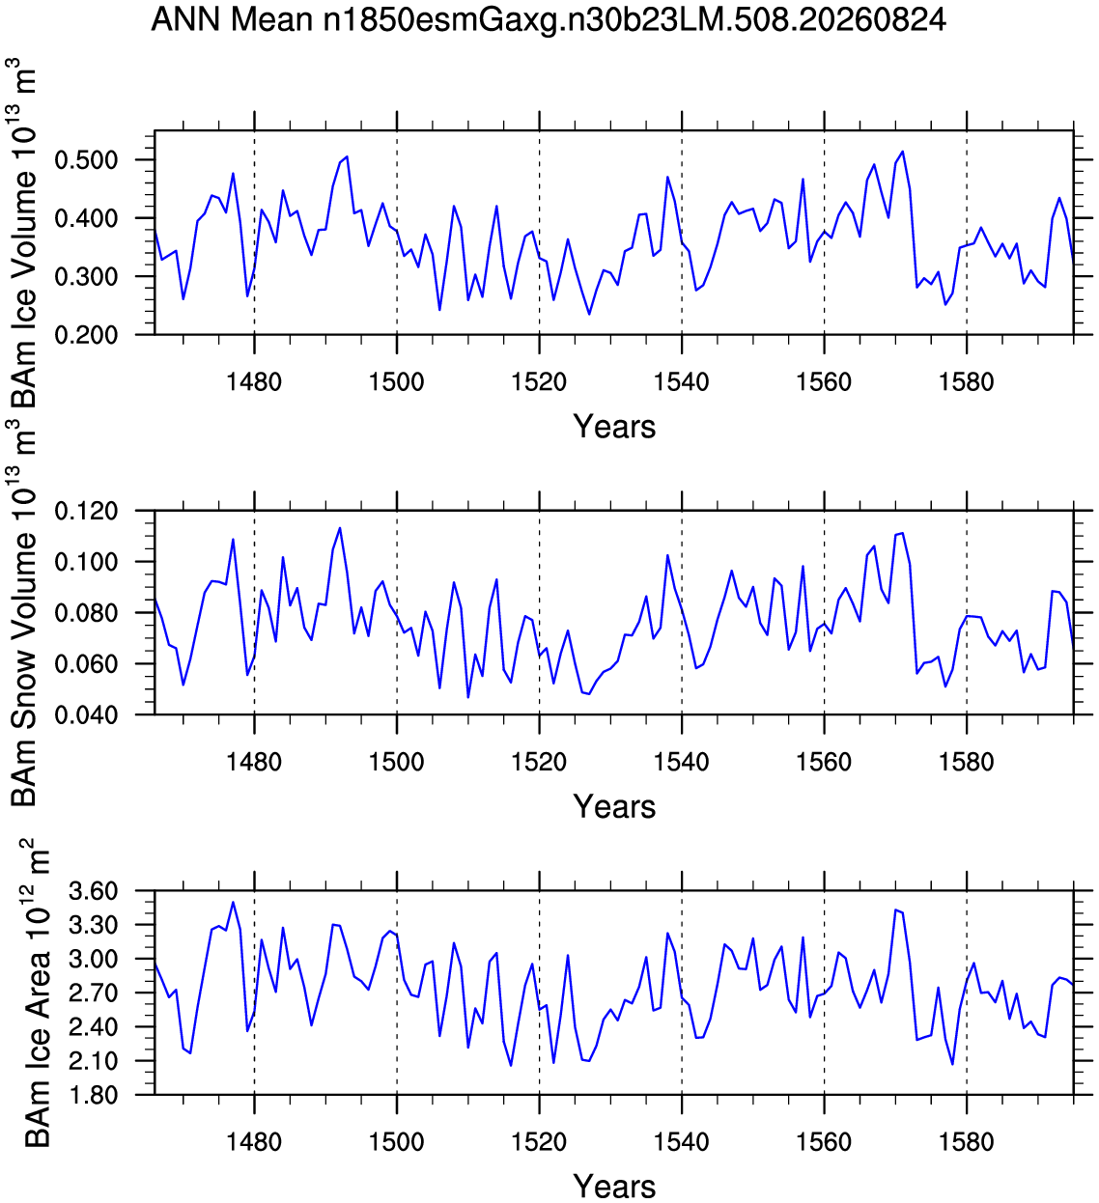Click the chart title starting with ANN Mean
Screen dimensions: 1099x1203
549,19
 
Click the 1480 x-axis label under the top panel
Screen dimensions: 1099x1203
254,381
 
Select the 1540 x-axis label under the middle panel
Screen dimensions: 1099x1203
682,762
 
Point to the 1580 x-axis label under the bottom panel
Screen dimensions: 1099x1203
966,1142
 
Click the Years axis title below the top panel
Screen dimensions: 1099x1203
614,427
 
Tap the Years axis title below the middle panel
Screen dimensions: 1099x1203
614,806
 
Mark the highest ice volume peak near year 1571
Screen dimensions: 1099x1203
902,152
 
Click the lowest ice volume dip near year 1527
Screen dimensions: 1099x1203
589,314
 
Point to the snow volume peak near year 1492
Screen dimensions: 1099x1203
340,528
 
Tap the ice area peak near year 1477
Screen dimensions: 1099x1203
234,903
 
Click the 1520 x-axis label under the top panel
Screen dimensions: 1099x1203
539,381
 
